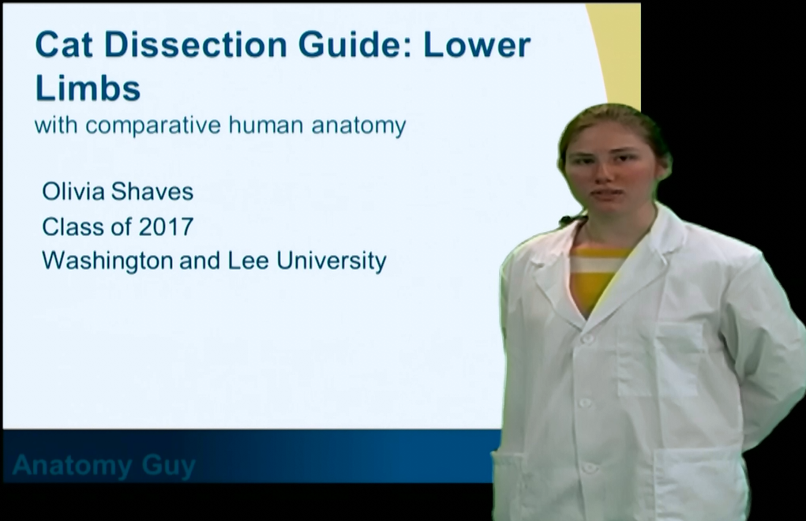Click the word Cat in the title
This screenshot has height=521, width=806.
click(x=64, y=44)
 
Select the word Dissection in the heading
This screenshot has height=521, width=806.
click(x=196, y=44)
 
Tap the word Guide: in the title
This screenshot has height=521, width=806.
click(x=355, y=44)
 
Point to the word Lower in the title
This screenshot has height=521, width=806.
click(x=478, y=45)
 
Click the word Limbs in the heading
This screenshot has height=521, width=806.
click(x=88, y=88)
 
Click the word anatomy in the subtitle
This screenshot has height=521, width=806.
click(x=359, y=126)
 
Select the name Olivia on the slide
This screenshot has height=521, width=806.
click(x=73, y=192)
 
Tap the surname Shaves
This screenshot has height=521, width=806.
click(x=152, y=192)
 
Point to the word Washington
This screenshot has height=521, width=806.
click(x=107, y=261)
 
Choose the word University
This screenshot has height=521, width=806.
click(x=332, y=261)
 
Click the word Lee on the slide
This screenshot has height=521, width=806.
click(x=248, y=260)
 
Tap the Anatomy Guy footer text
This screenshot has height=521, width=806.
click(x=104, y=466)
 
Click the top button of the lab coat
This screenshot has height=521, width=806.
click(x=587, y=339)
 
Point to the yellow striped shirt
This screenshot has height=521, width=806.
click(x=599, y=277)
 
